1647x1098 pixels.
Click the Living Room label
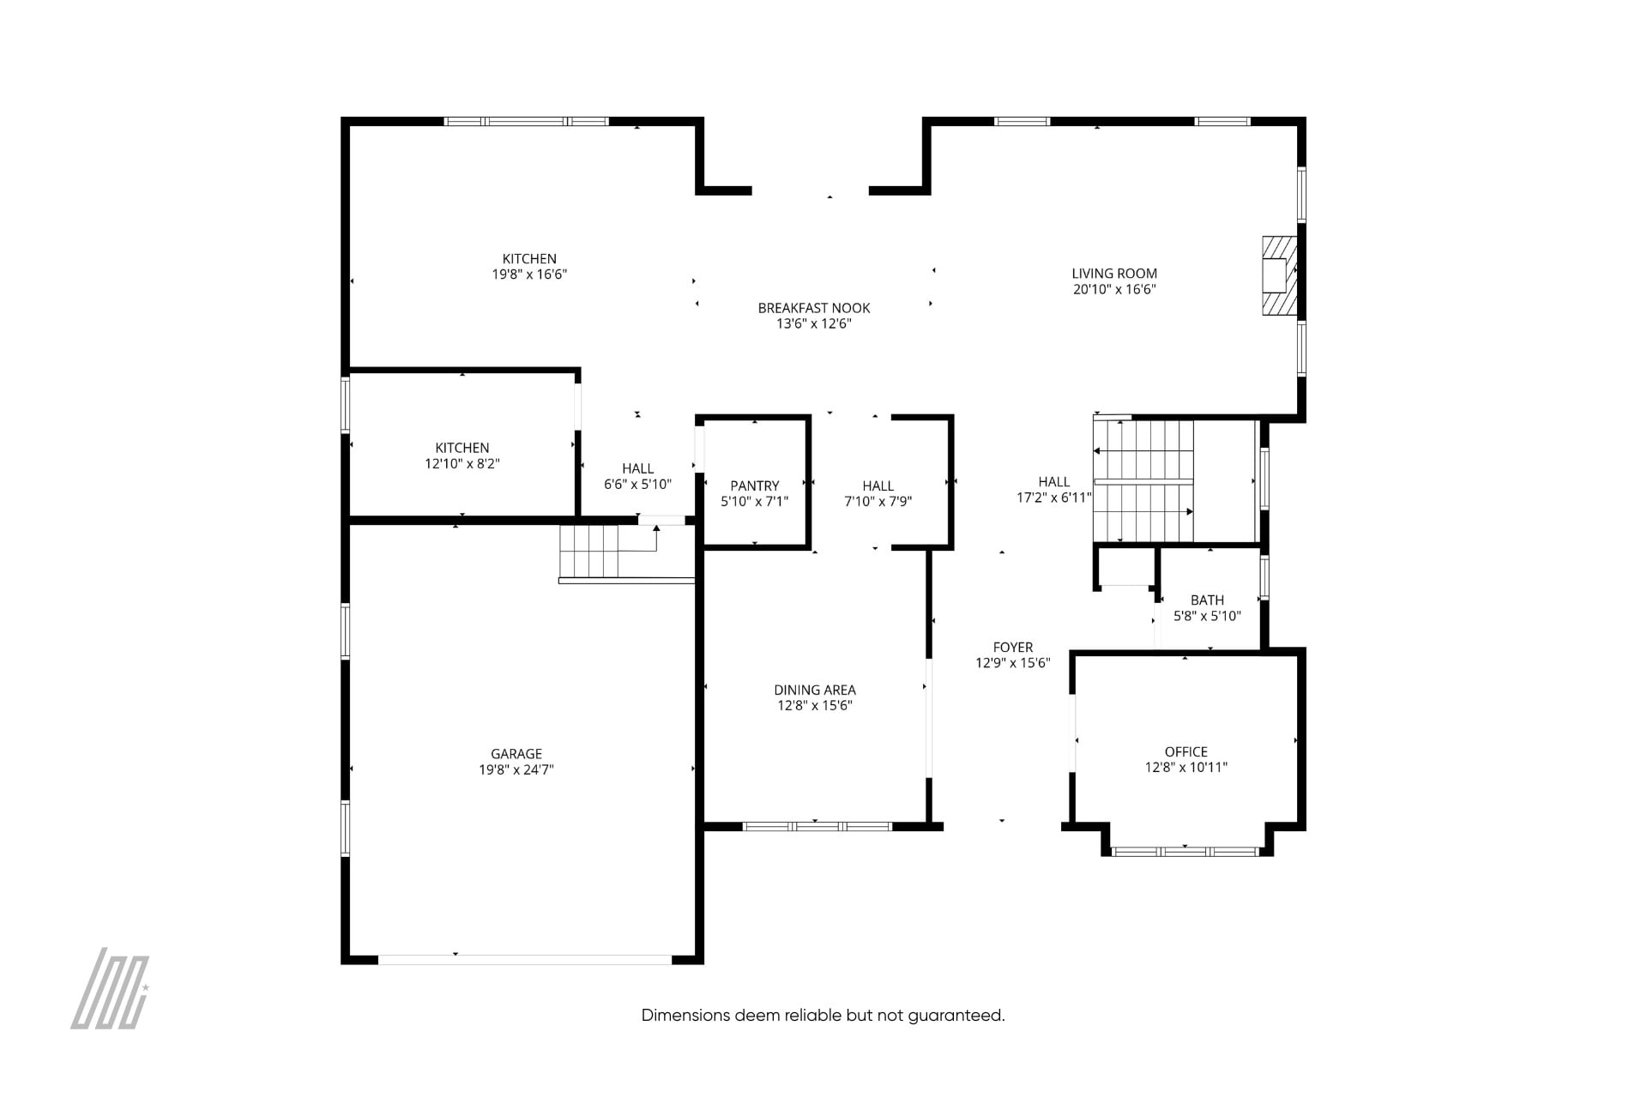(x=1114, y=274)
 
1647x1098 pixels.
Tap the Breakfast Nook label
(x=814, y=308)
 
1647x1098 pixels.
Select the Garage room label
(x=516, y=754)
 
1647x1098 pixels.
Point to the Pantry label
(x=755, y=486)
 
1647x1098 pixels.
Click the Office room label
(x=1186, y=751)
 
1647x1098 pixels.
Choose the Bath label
(x=1207, y=600)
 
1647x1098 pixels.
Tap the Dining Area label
(x=815, y=690)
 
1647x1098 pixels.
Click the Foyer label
(x=1013, y=648)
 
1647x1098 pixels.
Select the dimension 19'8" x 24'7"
(x=516, y=770)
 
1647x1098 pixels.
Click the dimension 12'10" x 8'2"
(x=462, y=464)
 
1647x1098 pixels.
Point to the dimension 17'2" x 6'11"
(x=1054, y=498)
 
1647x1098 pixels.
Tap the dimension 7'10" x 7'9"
(x=878, y=502)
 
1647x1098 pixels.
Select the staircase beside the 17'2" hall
(x=1143, y=481)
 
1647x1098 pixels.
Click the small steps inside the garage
(x=588, y=552)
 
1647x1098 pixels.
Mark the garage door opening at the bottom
(x=525, y=959)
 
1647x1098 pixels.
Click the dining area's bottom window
(x=817, y=827)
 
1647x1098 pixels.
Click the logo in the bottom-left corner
(x=110, y=988)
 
